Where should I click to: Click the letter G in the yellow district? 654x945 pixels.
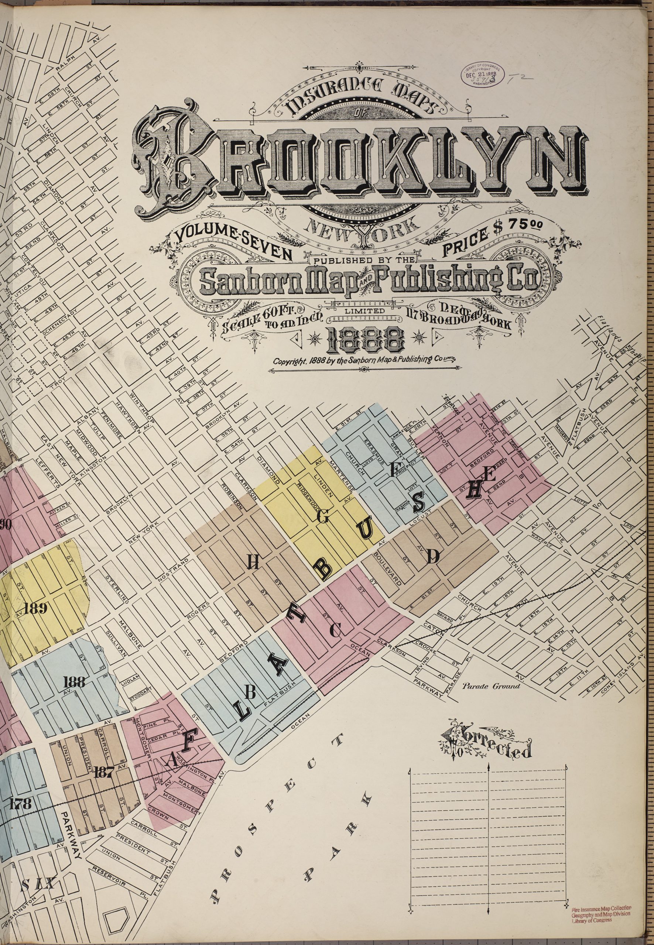pyautogui.click(x=322, y=517)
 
